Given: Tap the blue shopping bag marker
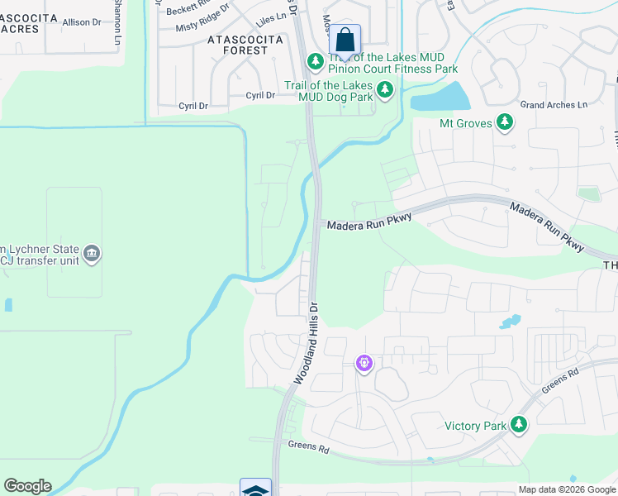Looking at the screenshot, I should tap(345, 39).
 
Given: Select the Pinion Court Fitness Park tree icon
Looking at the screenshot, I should tap(315, 62).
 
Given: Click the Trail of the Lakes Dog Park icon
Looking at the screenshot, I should tap(384, 89).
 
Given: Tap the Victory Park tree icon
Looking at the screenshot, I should tap(519, 425).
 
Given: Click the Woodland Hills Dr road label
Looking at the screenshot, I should tap(306, 342).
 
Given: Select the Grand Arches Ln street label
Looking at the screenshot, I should tap(554, 105).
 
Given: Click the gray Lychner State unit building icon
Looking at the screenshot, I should tap(92, 253).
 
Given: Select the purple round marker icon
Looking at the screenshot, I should tap(364, 362).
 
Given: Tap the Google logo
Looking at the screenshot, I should tap(27, 486).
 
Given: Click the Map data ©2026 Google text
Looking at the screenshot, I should tap(566, 489).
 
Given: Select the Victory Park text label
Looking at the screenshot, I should tap(475, 426).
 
